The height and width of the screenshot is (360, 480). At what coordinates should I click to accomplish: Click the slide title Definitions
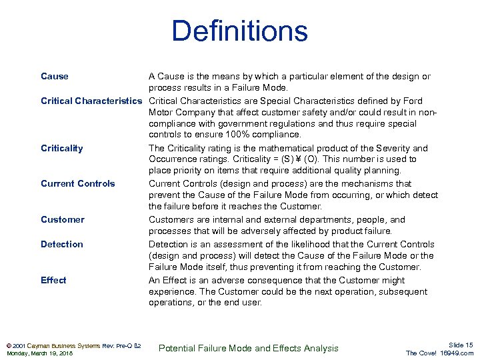[239, 32]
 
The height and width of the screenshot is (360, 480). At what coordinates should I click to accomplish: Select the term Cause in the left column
[55, 76]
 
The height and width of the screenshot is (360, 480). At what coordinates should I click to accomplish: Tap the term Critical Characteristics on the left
[92, 101]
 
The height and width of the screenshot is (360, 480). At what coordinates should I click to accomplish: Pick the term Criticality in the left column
[62, 148]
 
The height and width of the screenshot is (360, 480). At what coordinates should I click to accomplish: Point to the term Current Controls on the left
[78, 183]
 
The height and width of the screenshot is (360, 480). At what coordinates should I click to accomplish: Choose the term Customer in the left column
[63, 219]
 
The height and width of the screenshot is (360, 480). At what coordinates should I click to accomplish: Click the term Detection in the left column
[62, 244]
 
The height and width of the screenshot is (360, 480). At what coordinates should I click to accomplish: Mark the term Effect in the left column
[53, 280]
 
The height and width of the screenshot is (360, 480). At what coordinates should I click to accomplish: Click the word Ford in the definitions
[411, 101]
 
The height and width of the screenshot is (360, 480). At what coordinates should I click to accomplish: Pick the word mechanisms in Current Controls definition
[387, 183]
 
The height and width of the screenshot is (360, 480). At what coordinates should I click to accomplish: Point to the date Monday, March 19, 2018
[40, 353]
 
